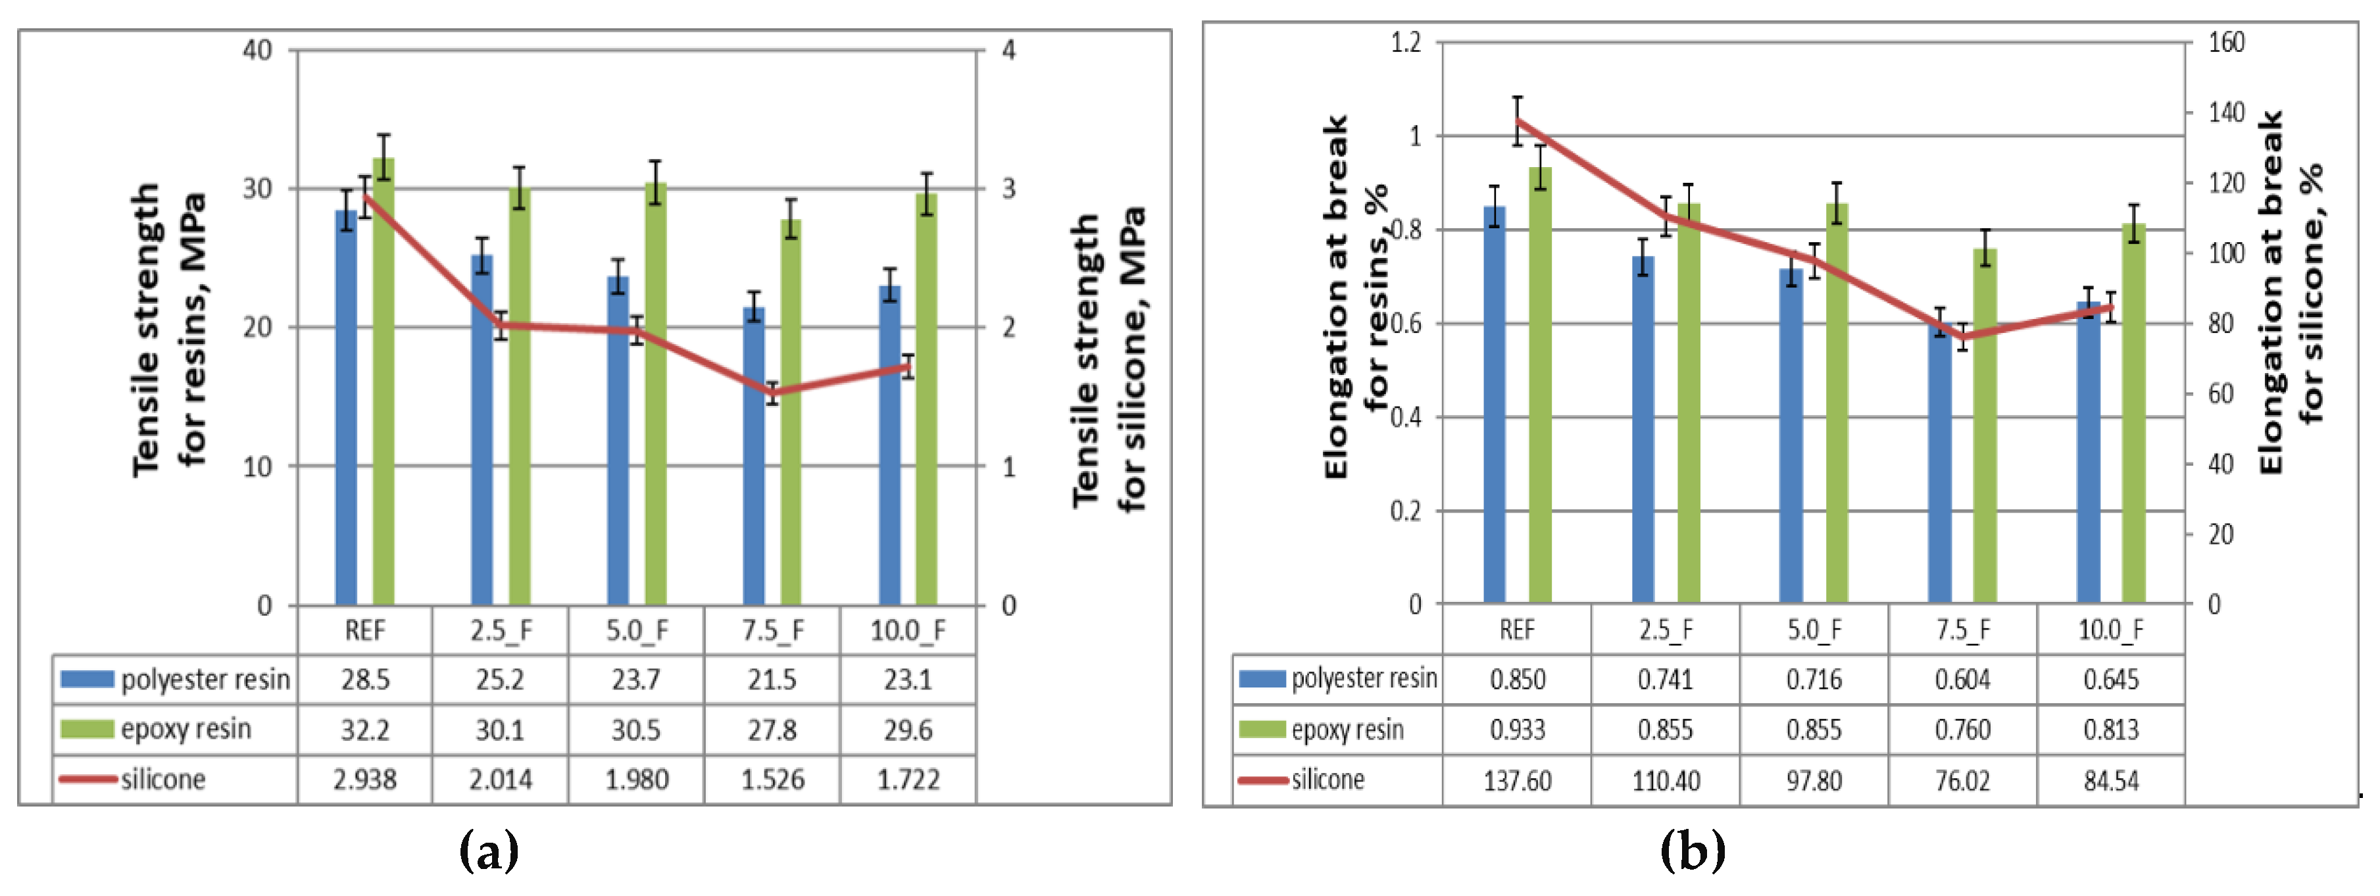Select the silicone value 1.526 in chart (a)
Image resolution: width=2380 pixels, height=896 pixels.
point(772,780)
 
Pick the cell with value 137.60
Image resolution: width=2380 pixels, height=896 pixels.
point(1516,780)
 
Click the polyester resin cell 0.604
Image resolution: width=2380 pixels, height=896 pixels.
point(1962,680)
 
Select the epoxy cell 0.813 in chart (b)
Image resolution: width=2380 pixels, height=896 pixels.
point(2110,730)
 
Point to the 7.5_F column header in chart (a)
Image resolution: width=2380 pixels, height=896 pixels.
point(772,631)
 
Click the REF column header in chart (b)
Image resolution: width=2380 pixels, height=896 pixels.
point(1516,630)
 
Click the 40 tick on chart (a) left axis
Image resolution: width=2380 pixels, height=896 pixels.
point(258,50)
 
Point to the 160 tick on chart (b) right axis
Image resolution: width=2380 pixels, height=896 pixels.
point(2225,43)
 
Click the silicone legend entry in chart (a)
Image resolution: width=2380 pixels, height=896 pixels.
point(162,780)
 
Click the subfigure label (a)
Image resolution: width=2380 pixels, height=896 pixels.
point(489,850)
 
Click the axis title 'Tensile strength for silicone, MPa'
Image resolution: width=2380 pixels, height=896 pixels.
point(1108,361)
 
